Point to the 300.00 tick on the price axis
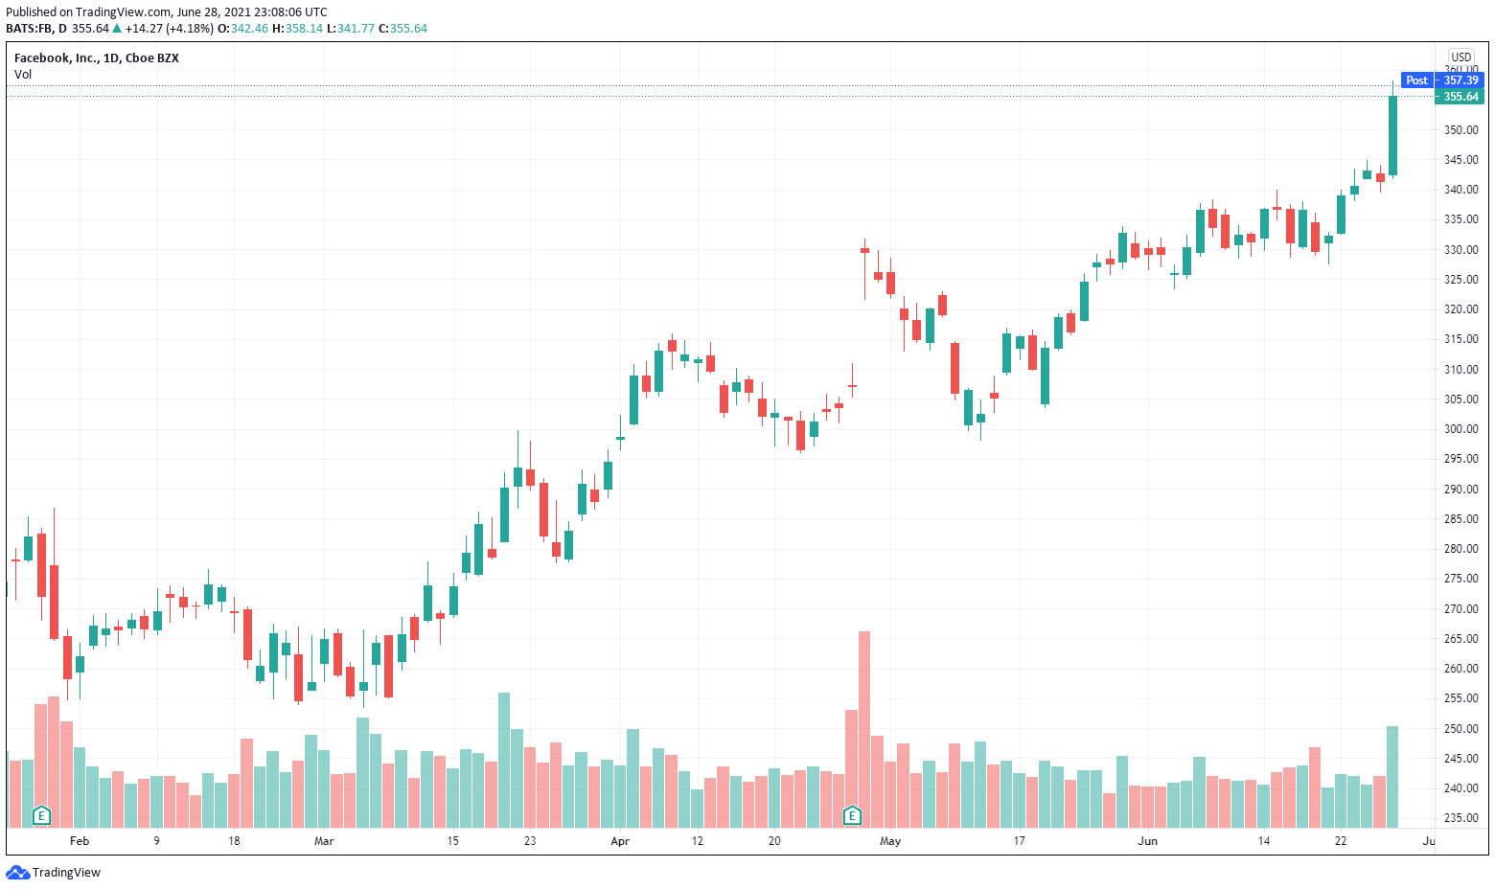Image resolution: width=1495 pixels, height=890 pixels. click(1461, 429)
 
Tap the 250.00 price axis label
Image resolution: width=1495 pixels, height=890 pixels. click(1461, 729)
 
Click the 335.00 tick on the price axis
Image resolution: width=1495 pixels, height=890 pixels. click(1461, 219)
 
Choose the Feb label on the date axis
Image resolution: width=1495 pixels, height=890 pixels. click(80, 841)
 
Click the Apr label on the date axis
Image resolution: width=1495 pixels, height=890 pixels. click(620, 841)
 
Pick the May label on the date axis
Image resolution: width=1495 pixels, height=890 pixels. click(890, 841)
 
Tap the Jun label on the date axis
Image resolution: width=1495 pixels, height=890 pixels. click(1147, 841)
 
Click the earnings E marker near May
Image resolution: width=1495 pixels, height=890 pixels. click(852, 816)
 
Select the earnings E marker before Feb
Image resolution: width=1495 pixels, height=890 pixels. click(41, 816)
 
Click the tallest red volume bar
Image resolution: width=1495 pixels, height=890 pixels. click(864, 728)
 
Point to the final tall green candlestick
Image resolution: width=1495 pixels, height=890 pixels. click(1392, 135)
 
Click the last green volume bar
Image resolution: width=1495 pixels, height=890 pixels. click(1392, 776)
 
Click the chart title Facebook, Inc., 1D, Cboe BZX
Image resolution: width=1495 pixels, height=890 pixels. click(97, 58)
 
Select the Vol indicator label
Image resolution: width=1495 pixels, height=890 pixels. click(23, 75)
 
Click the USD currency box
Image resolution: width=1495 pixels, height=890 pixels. click(1460, 57)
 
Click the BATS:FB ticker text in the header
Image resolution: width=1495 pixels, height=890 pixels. click(29, 29)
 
